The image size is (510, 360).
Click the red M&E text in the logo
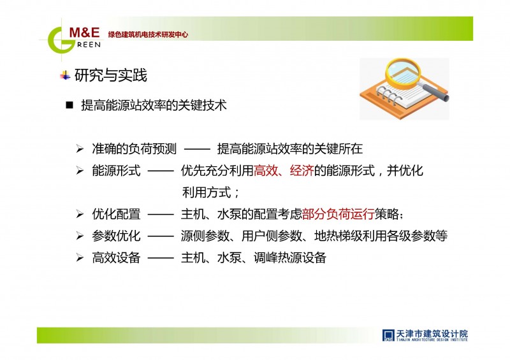(84, 32)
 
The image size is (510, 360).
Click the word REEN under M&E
(89, 45)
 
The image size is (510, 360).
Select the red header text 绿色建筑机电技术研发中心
(148, 34)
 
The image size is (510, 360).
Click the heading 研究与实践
(110, 75)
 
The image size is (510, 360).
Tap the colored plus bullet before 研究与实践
(65, 76)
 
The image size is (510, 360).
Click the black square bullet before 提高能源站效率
(69, 105)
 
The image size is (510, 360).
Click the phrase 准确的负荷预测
(134, 149)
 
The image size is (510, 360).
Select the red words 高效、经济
(283, 170)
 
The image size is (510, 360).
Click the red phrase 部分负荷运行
(338, 214)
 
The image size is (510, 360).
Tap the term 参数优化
(116, 236)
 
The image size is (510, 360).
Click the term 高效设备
(116, 257)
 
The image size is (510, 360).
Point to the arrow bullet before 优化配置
(80, 214)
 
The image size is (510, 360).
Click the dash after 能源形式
(161, 171)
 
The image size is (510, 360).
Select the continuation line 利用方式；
(211, 192)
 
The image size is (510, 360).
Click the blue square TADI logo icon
(388, 335)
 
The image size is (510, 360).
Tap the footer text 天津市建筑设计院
(432, 333)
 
